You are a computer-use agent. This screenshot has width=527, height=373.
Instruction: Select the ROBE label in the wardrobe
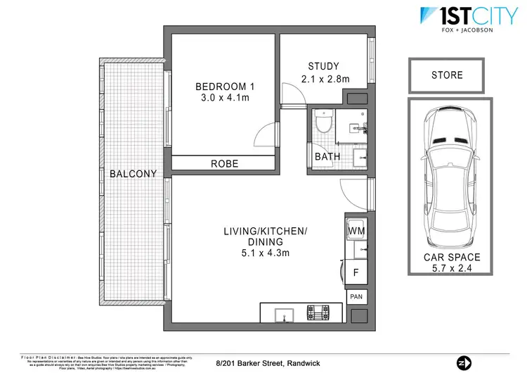click(225, 163)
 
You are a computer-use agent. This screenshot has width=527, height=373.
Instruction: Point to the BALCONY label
click(132, 174)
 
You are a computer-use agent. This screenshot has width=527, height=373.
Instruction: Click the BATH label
click(327, 156)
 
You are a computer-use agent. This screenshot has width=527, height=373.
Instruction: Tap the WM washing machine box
click(356, 231)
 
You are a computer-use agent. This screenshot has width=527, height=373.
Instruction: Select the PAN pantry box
click(356, 298)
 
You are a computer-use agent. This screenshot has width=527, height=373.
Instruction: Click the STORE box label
click(446, 75)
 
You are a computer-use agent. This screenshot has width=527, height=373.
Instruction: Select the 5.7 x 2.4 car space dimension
click(446, 270)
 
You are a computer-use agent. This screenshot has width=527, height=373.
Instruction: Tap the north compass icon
click(463, 362)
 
